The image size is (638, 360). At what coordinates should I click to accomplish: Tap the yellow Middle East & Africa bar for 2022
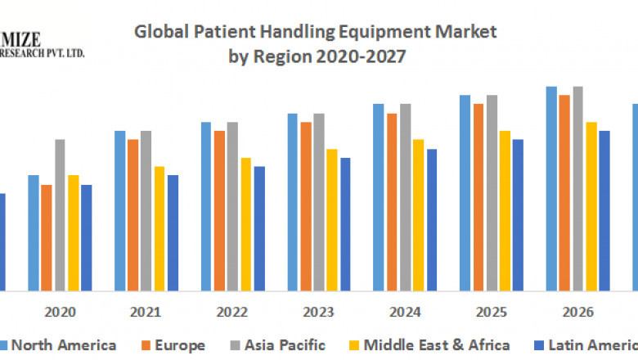tap(245, 224)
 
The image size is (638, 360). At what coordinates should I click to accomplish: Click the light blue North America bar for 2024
tap(379, 197)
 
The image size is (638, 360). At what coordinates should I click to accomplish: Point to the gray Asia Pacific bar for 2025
tap(492, 193)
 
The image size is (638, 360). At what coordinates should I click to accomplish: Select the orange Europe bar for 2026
tap(564, 193)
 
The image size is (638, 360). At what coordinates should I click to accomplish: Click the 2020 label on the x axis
tap(61, 312)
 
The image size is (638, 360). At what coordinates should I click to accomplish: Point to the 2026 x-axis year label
tap(577, 312)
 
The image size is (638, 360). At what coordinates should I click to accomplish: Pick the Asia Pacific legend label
tap(283, 345)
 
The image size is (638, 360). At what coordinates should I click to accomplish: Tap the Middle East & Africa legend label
tap(437, 345)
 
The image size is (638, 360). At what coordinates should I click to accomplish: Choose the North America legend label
tap(63, 345)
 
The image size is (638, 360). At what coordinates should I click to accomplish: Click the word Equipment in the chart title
tap(384, 33)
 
